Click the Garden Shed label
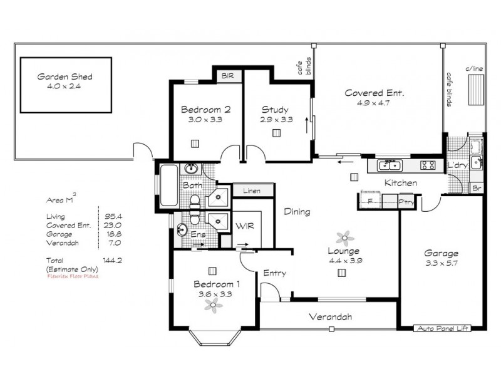pyautogui.click(x=65, y=76)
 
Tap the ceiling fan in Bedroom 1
pyautogui.click(x=214, y=305)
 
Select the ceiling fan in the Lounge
pyautogui.click(x=343, y=238)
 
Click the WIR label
pyautogui.click(x=244, y=226)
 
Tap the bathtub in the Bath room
pyautogui.click(x=168, y=186)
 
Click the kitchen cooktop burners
pyautogui.click(x=428, y=165)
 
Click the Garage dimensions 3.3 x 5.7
pyautogui.click(x=442, y=264)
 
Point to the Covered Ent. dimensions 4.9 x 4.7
pyautogui.click(x=375, y=103)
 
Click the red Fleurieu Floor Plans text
pyautogui.click(x=73, y=275)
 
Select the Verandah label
pyautogui.click(x=329, y=316)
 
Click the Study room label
pyautogui.click(x=275, y=109)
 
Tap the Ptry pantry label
pyautogui.click(x=406, y=202)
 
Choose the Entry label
pyautogui.click(x=274, y=273)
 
